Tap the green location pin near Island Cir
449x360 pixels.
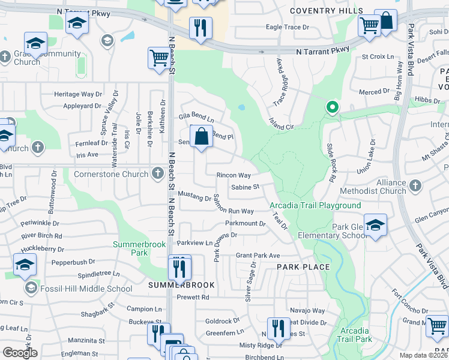tap(332, 108)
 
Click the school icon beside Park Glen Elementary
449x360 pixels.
tap(375, 225)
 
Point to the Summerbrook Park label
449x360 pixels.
tap(131, 248)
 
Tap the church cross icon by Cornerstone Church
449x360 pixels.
tap(157, 174)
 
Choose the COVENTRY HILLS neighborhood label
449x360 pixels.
tap(326, 11)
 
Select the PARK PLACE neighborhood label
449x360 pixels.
tap(303, 267)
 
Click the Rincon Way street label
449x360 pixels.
tap(234, 175)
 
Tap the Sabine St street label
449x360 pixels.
tap(245, 187)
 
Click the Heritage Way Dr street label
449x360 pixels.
tap(78, 94)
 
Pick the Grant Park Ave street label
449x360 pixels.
tap(258, 255)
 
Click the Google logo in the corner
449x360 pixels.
tap(20, 353)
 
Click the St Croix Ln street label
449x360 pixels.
tap(381, 56)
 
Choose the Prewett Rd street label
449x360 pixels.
tap(193, 297)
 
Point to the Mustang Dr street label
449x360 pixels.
tap(196, 197)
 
